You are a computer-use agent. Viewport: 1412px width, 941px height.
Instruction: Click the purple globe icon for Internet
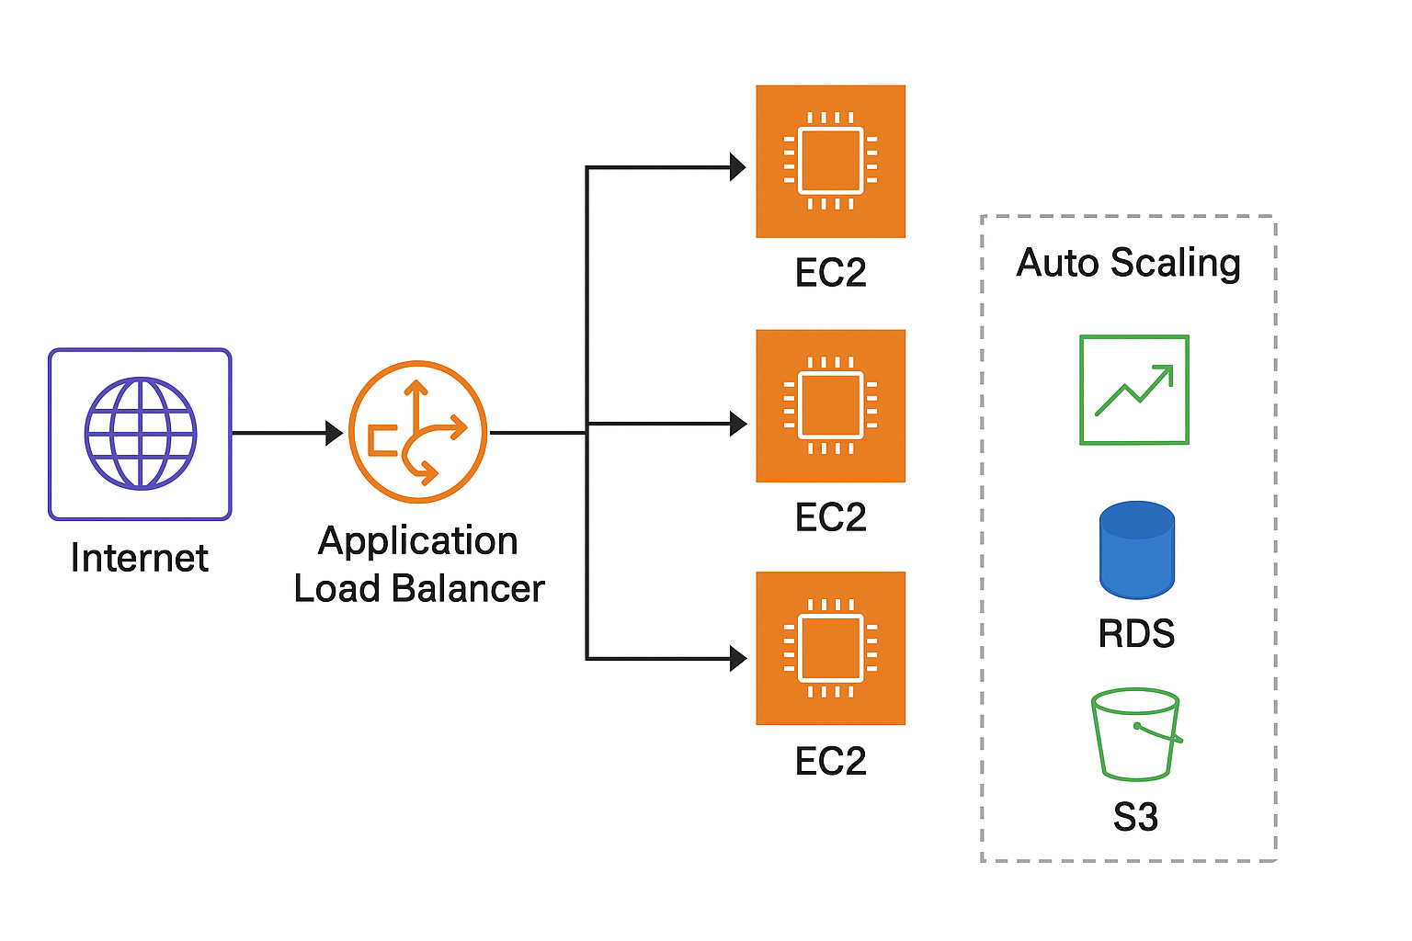tap(140, 433)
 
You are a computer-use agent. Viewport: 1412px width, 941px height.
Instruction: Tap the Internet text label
tap(140, 558)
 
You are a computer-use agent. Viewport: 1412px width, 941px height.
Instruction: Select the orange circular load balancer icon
tap(417, 432)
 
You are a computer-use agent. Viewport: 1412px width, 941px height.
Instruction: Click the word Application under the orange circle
tap(417, 540)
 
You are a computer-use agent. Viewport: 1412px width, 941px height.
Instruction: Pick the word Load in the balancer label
tap(336, 588)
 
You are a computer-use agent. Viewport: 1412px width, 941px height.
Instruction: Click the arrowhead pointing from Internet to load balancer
tap(334, 432)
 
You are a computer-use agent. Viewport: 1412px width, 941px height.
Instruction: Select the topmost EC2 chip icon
tap(830, 161)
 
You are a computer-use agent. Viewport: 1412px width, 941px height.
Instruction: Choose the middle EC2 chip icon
tap(830, 405)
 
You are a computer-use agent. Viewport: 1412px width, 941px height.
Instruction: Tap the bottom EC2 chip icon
tap(830, 648)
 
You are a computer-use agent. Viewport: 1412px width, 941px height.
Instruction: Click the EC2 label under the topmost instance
tap(830, 273)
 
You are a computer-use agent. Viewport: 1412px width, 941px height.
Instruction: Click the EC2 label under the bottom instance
tap(830, 761)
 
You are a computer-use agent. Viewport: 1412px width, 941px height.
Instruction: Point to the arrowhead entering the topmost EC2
tap(737, 167)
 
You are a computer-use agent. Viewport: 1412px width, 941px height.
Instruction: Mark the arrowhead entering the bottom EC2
tap(737, 658)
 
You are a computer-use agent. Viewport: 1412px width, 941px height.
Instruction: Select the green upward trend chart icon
tap(1133, 390)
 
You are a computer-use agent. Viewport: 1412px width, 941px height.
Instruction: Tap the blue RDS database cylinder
tap(1136, 550)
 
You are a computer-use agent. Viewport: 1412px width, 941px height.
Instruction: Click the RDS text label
tap(1136, 633)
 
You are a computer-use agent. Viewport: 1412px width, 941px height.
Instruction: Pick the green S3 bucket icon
tap(1135, 734)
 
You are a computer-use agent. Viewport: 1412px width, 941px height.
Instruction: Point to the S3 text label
tap(1135, 816)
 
